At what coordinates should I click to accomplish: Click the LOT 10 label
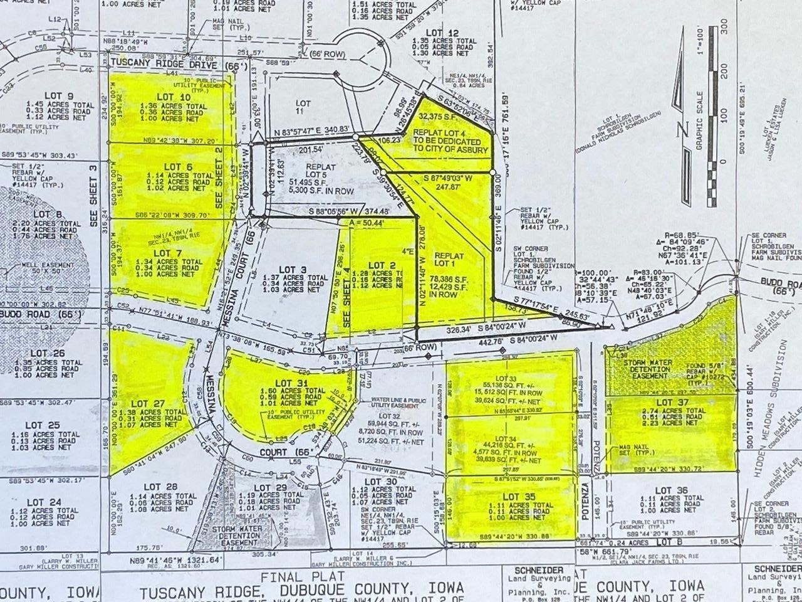(x=173, y=97)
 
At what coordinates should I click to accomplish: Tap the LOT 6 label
(x=177, y=166)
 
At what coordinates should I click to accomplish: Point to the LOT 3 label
(x=294, y=270)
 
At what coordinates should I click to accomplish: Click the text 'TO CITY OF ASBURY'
(x=449, y=150)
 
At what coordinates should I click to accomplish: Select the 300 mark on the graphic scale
(x=723, y=26)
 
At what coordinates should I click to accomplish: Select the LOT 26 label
(x=47, y=353)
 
